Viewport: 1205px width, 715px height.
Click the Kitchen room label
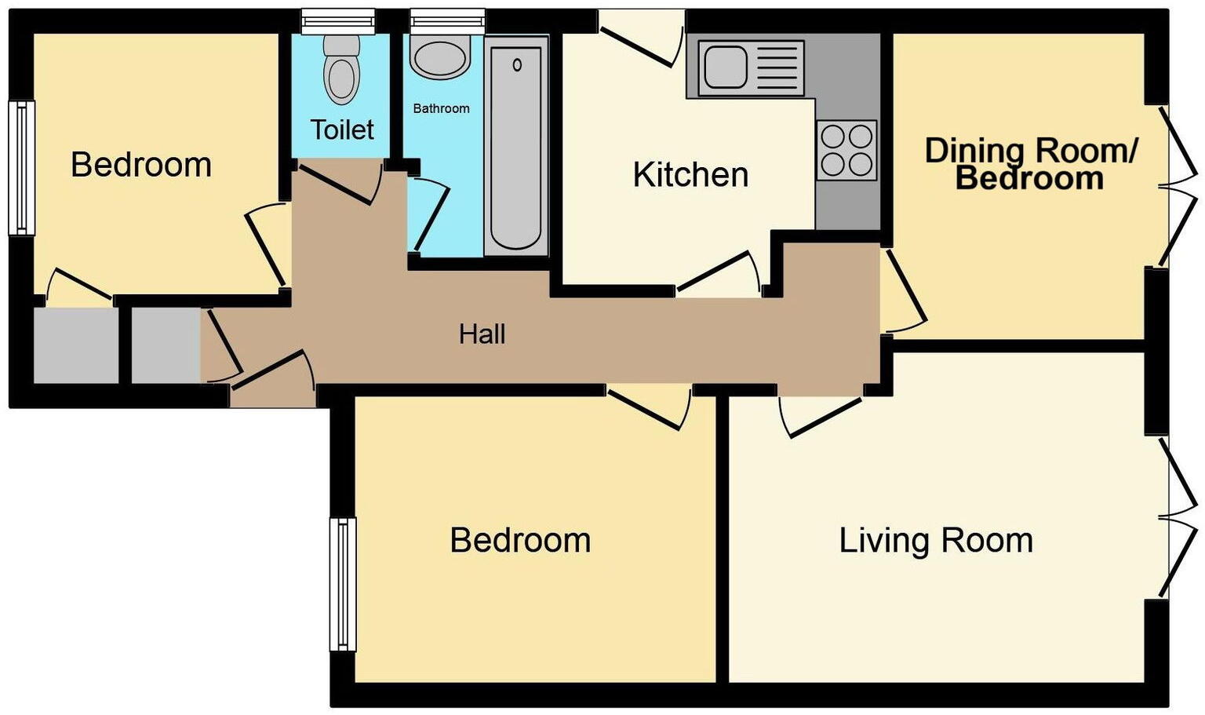click(690, 175)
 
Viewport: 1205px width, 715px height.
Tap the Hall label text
click(482, 334)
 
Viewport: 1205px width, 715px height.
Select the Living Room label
click(935, 541)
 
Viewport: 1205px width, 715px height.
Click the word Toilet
click(342, 130)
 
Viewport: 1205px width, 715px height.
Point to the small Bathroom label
click(441, 108)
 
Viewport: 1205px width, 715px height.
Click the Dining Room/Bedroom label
click(1030, 164)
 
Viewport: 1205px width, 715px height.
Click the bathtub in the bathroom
click(515, 147)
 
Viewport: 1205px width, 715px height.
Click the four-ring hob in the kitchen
click(846, 150)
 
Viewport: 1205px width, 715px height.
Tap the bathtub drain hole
click(517, 64)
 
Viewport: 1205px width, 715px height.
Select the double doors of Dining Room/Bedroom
click(1179, 187)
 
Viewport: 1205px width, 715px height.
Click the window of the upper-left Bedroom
click(22, 168)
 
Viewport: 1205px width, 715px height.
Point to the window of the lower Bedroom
click(343, 584)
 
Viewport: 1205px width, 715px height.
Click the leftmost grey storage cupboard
click(75, 345)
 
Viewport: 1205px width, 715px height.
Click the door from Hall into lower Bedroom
click(648, 408)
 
